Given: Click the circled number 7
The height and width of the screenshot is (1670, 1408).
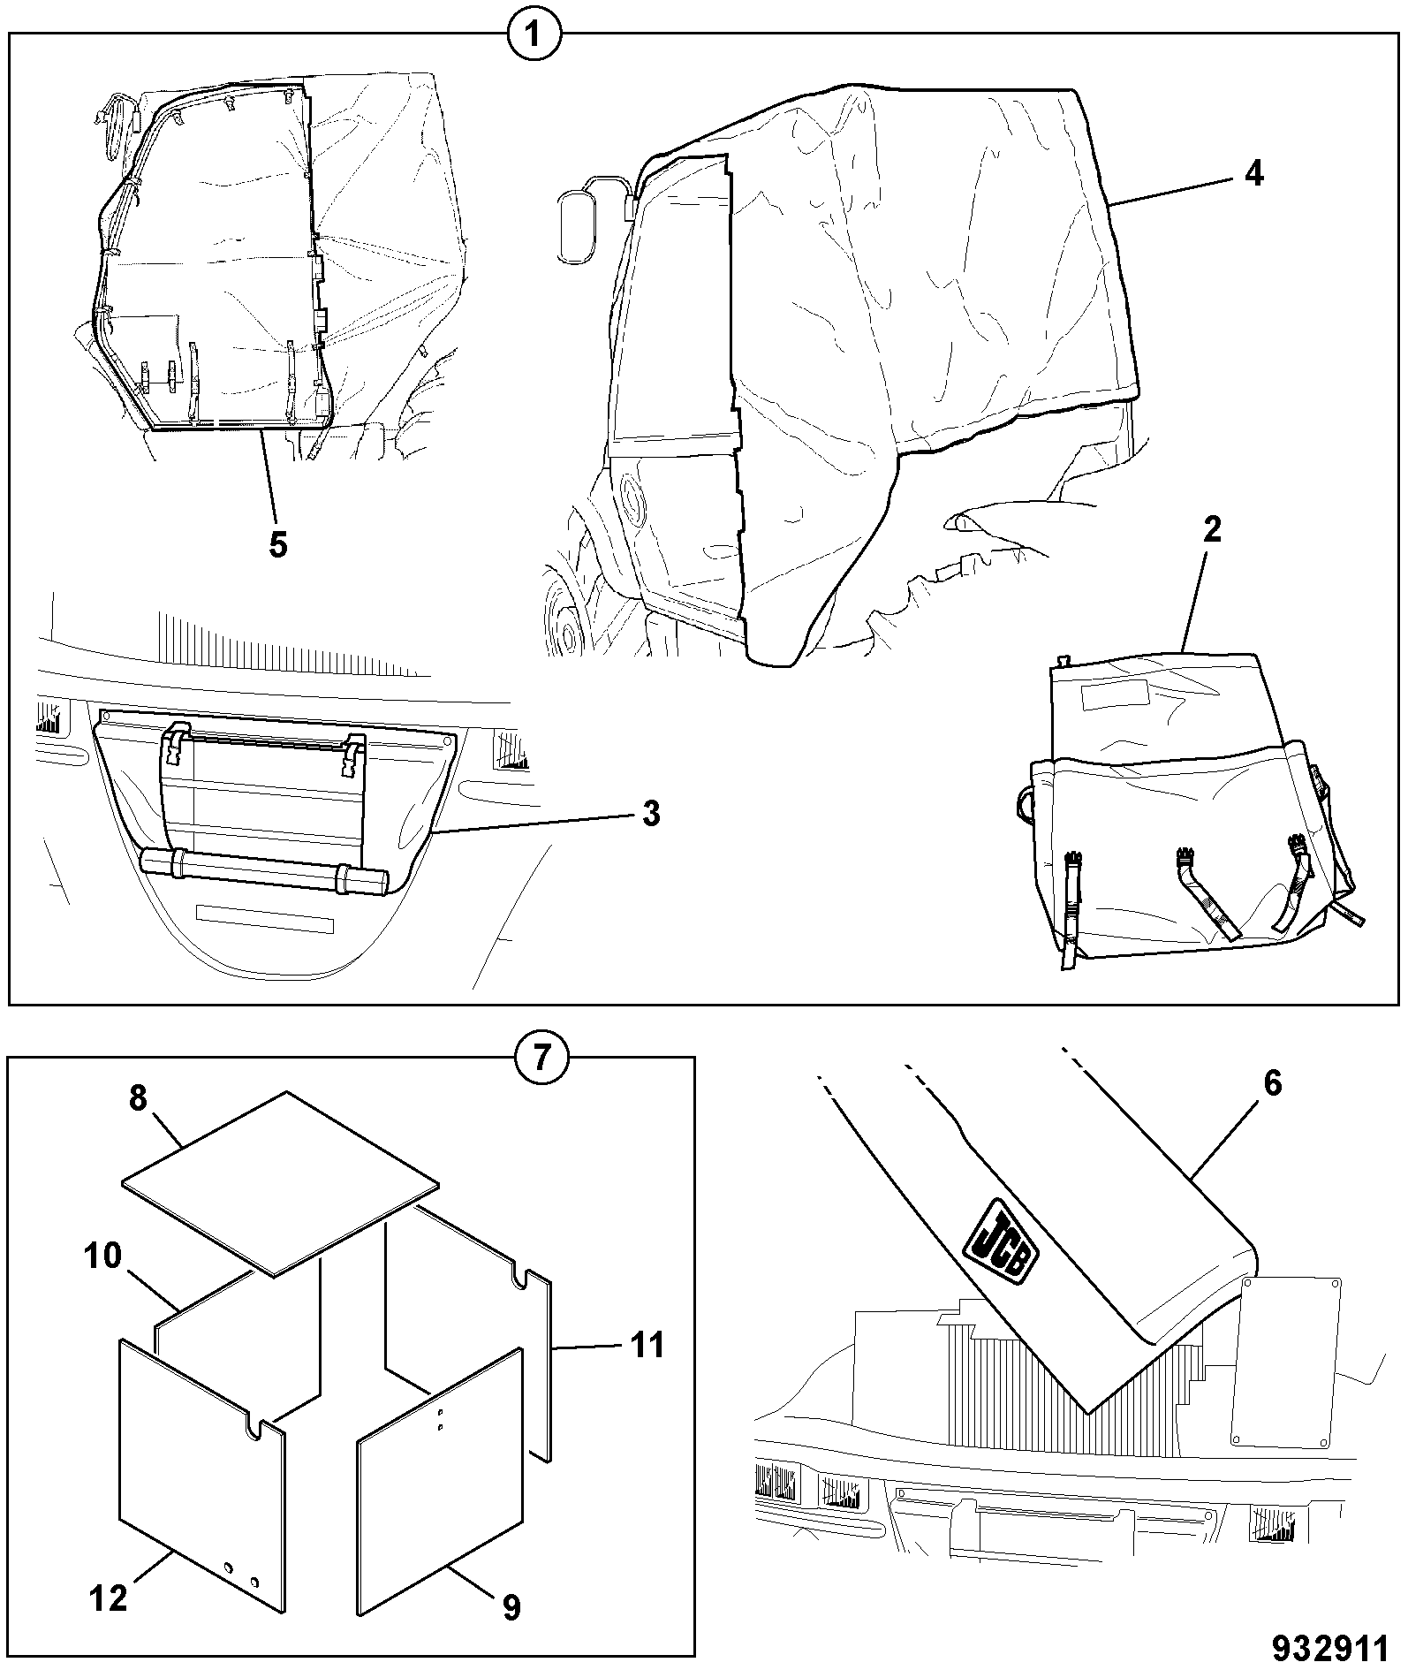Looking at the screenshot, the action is click(541, 1057).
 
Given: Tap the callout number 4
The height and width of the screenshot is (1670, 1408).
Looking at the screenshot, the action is click(1254, 174).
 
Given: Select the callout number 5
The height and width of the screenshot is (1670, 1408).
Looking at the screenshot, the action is click(277, 544).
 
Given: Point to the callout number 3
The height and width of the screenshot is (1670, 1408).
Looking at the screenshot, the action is click(651, 813).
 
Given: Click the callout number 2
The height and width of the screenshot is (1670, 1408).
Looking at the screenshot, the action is click(1212, 530).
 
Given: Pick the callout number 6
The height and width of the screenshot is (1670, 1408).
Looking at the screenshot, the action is click(1272, 1083).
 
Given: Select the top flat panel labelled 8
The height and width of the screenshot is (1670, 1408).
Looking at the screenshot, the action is click(280, 1184).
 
